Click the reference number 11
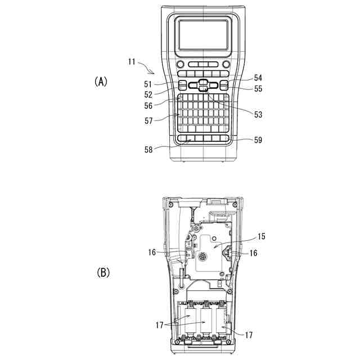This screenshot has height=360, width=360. [132, 62]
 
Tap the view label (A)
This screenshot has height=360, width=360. [100, 82]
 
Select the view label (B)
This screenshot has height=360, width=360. [103, 273]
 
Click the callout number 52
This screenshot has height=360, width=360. [149, 95]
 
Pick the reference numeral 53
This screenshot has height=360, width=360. [258, 114]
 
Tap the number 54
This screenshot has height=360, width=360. [258, 78]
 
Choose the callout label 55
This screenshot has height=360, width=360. [258, 88]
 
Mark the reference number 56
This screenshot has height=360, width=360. [149, 106]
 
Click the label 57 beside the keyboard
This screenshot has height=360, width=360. [149, 120]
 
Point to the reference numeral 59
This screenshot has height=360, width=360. [258, 139]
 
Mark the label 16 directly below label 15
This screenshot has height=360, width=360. [254, 254]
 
